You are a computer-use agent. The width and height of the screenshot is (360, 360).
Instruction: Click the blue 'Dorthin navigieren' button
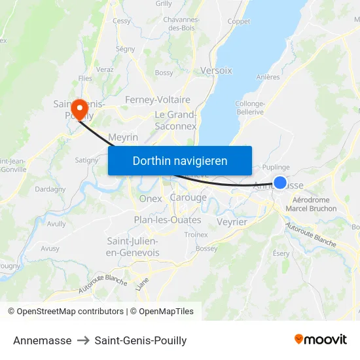click(x=180, y=160)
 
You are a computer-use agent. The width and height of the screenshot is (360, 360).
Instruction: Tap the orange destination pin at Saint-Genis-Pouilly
click(x=80, y=108)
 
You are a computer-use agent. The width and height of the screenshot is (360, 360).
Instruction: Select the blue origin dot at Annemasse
click(x=280, y=183)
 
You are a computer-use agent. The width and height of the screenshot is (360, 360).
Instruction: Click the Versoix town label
click(x=216, y=70)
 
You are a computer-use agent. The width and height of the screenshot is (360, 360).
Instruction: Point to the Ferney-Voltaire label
click(x=158, y=100)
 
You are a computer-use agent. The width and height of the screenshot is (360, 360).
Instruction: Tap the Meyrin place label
click(x=122, y=137)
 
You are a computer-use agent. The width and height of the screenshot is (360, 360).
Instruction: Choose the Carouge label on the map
click(x=188, y=198)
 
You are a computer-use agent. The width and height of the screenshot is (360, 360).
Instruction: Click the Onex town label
click(x=151, y=198)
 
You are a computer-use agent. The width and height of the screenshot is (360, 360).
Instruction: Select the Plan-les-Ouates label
click(x=168, y=220)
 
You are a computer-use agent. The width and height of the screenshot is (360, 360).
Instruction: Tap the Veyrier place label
click(x=232, y=222)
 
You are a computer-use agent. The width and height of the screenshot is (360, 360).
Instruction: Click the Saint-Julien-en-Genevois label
click(x=132, y=247)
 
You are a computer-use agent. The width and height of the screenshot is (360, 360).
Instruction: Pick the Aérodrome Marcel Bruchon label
click(x=314, y=204)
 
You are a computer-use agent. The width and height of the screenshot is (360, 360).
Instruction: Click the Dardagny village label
click(x=50, y=189)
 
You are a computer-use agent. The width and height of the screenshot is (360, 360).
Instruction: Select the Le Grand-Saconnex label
click(x=175, y=120)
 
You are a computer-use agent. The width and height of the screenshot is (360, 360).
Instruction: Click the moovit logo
click(x=321, y=340)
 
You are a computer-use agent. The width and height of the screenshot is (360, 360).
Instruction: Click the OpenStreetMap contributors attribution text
click(x=70, y=312)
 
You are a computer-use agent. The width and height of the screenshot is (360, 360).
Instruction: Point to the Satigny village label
click(x=86, y=159)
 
